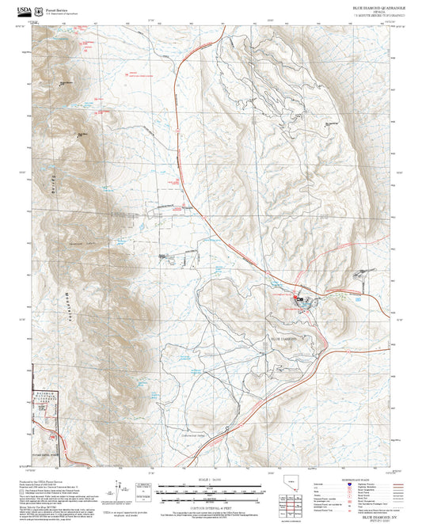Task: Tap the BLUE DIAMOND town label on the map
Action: pyautogui.click(x=283, y=338)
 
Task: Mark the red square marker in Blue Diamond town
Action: pyautogui.click(x=296, y=298)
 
